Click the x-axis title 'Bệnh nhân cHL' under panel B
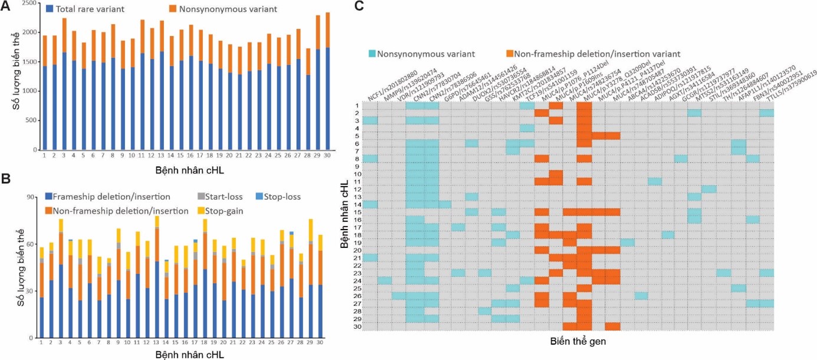(189, 355)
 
